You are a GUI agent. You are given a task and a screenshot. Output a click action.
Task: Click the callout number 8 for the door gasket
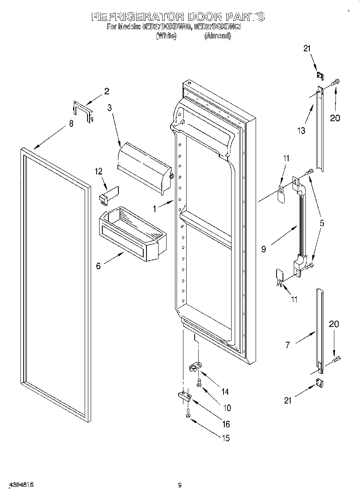coord(71,124)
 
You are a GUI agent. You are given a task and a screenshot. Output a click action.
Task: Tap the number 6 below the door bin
coord(99,266)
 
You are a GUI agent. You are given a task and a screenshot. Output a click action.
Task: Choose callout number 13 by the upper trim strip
coord(301,130)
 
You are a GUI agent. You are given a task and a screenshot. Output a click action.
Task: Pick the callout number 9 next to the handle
coord(264,250)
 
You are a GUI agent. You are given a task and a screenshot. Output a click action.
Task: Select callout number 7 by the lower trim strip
coord(287,345)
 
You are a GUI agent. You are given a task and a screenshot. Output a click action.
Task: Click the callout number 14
coord(225,392)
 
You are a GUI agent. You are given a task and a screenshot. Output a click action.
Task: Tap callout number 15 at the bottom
coord(226,438)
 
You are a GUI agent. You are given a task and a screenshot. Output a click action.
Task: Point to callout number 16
coord(226,424)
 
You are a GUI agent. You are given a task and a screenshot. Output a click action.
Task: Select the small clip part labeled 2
coord(83,111)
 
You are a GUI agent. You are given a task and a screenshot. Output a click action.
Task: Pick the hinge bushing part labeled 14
coord(195,367)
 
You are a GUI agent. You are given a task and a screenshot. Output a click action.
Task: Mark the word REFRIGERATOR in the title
coord(138,17)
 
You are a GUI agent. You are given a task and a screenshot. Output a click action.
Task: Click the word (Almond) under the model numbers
coord(217,36)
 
